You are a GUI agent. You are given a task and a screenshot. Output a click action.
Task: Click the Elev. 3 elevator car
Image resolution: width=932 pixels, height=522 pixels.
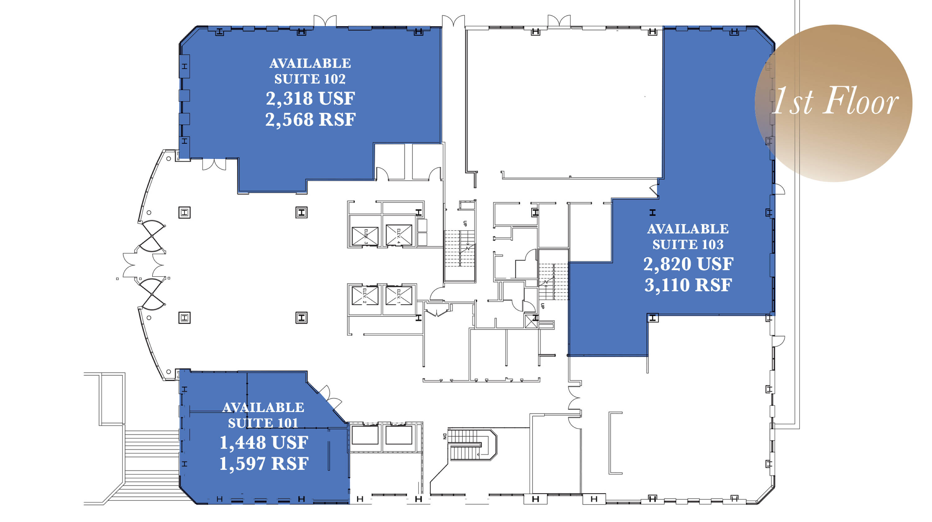[x=365, y=236]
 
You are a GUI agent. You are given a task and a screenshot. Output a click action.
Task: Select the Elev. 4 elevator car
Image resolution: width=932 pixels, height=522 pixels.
[x=399, y=235]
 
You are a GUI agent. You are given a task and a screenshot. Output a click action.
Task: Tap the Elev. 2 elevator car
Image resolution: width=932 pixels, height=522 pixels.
[x=365, y=296]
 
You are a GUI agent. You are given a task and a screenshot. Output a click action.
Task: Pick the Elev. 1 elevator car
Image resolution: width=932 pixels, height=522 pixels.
[x=399, y=296]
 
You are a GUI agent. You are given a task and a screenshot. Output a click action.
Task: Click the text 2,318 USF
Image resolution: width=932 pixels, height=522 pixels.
[x=310, y=99]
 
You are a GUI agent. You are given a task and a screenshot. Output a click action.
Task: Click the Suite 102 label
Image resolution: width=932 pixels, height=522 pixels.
[x=310, y=79]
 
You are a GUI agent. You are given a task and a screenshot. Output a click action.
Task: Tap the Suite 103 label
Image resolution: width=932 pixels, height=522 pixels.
[x=688, y=244]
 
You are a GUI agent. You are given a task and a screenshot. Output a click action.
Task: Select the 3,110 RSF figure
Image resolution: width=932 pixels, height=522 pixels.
[x=688, y=285]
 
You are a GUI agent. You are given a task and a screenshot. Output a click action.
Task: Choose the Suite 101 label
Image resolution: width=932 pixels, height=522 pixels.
[x=263, y=423]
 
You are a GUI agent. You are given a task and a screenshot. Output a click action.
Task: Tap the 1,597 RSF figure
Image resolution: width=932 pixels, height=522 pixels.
[x=264, y=464]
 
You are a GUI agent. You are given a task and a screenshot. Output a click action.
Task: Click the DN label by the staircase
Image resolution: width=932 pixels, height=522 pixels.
[x=445, y=436]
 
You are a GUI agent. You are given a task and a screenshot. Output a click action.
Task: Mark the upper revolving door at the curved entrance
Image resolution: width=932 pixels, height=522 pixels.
[x=152, y=236]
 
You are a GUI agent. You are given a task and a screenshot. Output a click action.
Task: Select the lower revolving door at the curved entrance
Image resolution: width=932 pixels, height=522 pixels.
[x=152, y=294]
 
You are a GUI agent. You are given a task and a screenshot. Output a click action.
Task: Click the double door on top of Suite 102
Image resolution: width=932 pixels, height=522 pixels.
[x=325, y=20]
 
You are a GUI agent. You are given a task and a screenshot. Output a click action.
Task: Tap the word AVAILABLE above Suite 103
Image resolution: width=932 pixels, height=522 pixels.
[x=688, y=229]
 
